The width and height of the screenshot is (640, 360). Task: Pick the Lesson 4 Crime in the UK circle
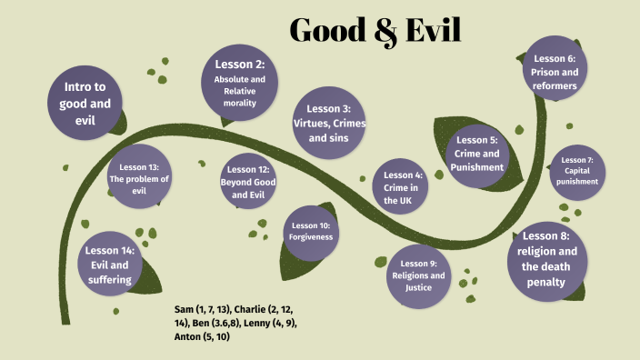click(x=403, y=186)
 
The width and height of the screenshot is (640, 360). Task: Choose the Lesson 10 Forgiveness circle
click(x=312, y=231)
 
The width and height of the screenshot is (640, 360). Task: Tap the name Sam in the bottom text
click(x=185, y=310)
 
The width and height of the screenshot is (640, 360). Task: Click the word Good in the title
click(x=325, y=30)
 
